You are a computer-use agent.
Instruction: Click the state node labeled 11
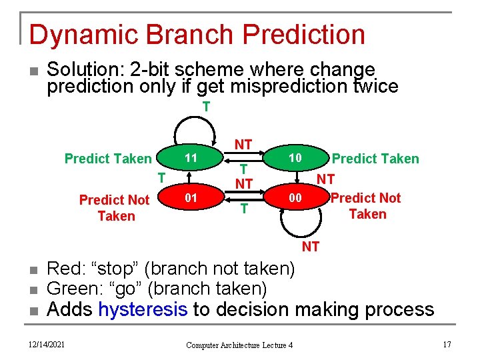[191, 159]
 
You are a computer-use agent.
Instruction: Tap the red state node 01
[191, 198]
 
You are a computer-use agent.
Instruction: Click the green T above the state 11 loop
[206, 107]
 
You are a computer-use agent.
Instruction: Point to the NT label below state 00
[311, 247]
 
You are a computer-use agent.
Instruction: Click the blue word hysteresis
[142, 309]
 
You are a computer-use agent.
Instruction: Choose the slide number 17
[447, 344]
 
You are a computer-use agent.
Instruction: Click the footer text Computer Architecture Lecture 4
[239, 345]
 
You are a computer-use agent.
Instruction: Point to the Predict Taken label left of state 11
[108, 159]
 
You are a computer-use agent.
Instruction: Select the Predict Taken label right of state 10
[375, 159]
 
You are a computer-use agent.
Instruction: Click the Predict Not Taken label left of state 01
[115, 208]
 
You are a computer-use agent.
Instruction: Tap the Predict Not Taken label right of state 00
[366, 206]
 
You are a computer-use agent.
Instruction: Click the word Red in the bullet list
[63, 269]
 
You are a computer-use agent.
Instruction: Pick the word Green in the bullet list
[71, 289]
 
